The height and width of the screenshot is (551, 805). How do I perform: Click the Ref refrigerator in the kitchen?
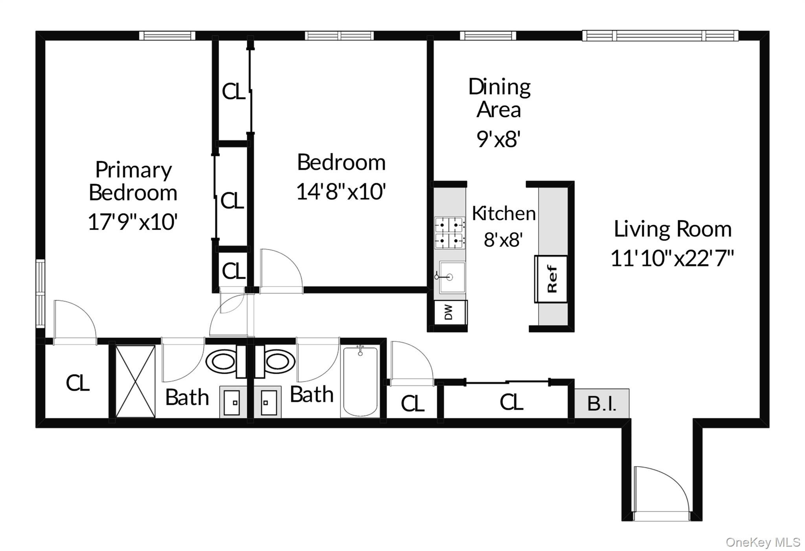tap(551, 279)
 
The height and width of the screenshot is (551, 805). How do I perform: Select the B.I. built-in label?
tap(602, 403)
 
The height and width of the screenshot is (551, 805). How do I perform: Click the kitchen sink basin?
tap(452, 277)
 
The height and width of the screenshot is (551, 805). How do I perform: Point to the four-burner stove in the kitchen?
tap(450, 233)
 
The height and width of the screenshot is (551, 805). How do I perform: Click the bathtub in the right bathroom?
tap(360, 382)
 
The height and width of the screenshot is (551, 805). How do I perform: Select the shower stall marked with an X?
tap(135, 381)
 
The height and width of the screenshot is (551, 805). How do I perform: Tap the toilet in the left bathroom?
tap(221, 361)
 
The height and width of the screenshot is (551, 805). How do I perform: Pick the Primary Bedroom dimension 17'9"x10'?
tap(133, 222)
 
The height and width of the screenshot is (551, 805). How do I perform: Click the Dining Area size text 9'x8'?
tap(498, 139)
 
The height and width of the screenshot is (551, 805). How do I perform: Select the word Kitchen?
tap(504, 213)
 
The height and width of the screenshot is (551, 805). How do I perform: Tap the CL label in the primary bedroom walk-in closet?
tap(78, 383)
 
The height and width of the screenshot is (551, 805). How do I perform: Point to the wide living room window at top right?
tap(660, 36)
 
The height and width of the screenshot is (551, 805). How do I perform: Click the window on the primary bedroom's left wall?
tap(40, 293)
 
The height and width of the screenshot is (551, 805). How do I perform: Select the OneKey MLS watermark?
tap(763, 542)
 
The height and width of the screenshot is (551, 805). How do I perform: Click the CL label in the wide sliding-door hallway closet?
tap(511, 402)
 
